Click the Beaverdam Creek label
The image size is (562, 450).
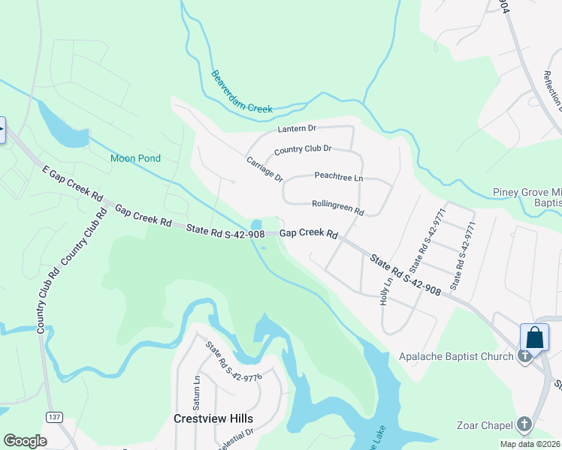tap(241, 92)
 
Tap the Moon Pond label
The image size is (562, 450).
tap(136, 158)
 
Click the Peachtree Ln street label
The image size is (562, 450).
tap(338, 177)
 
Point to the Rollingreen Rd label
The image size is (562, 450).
tap(337, 208)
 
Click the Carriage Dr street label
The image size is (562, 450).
tap(264, 169)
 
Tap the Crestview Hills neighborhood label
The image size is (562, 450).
tap(213, 418)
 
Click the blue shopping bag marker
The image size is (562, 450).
tap(534, 337)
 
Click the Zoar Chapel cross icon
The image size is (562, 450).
tap(524, 425)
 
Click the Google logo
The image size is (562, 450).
tap(25, 440)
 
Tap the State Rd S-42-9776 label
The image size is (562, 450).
tap(234, 361)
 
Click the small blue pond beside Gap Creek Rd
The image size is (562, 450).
tap(256, 225)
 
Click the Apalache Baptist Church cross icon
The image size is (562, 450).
tap(524, 356)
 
